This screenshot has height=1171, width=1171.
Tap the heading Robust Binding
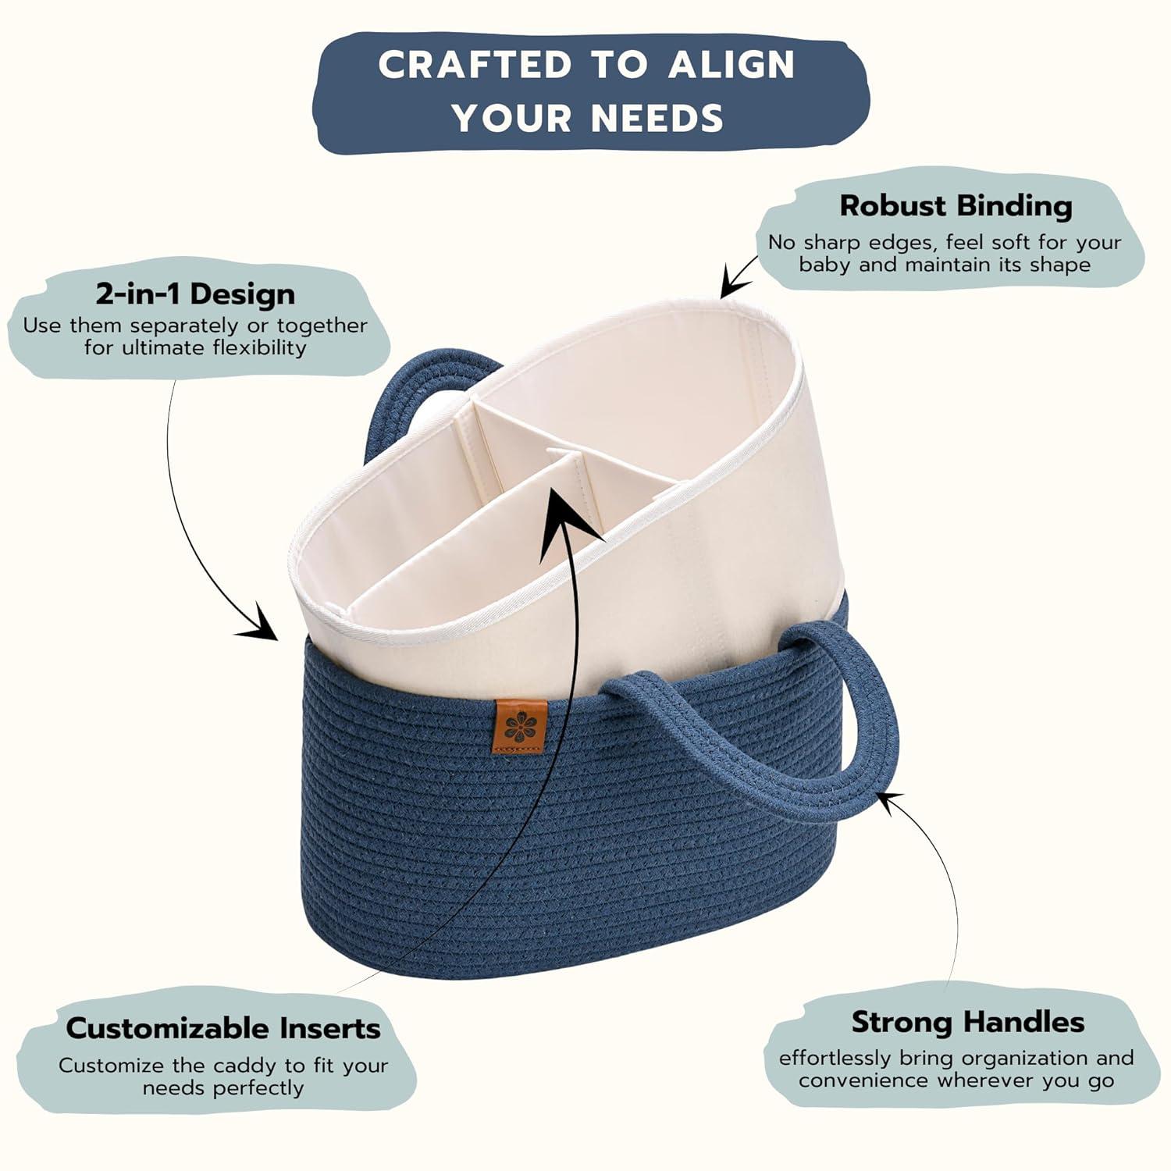[x=956, y=205]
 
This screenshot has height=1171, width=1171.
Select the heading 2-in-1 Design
[x=195, y=294]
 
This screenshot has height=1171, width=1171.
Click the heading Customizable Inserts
[x=223, y=1028]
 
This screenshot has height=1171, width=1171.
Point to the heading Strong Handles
[x=968, y=1022]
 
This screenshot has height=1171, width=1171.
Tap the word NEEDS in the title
[x=657, y=119]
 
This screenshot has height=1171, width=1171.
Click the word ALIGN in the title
[x=731, y=65]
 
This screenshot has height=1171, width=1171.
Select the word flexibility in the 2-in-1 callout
[x=260, y=347]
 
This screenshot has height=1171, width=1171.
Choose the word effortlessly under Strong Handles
[x=835, y=1059]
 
